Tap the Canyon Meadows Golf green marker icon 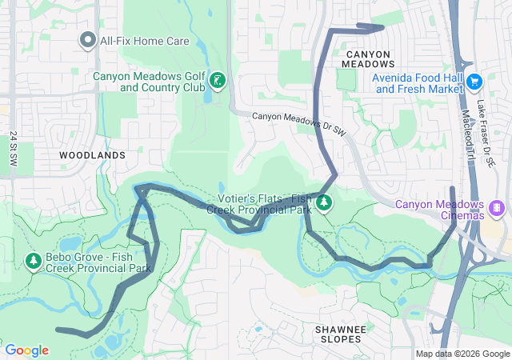coord(217,81)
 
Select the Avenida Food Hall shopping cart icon coord(474,81)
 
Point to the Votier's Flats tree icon coord(324,203)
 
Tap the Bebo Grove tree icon coord(34,261)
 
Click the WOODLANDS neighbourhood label coord(93,154)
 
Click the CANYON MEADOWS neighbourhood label coord(369,58)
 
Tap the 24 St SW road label coord(14,149)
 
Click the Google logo coord(26,350)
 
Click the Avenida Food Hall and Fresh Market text coord(418,83)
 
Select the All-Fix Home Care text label coord(143,39)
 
